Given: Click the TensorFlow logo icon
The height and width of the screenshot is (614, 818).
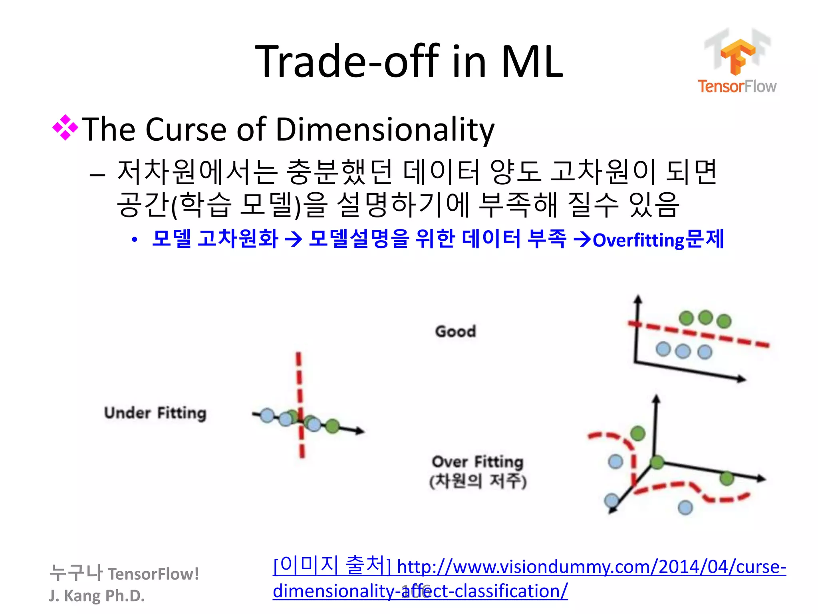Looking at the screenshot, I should coord(737,56).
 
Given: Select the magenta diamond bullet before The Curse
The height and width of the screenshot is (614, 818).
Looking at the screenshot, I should coord(65,128).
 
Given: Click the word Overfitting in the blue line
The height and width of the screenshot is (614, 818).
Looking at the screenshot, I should coord(638,240).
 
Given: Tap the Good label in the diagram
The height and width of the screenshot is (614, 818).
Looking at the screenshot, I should coord(455,331).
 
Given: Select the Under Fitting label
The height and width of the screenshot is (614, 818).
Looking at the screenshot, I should coord(155,413).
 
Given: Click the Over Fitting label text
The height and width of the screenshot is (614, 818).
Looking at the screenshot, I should coord(477,462).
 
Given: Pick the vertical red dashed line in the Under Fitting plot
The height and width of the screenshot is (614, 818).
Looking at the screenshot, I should coord(300,404).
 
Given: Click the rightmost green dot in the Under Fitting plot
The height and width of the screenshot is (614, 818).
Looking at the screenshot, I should coord(332,426).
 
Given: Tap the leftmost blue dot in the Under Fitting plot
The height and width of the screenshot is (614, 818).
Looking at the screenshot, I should coord(267,415).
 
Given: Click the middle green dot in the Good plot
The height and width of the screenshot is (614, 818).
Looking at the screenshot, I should coord(705,317).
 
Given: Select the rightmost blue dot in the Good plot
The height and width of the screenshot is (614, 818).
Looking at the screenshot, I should coord(705,352).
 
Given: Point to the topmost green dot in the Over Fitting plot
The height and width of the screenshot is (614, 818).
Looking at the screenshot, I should coord(638,433).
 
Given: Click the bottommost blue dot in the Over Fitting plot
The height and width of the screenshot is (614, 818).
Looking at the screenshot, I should coord(685,508).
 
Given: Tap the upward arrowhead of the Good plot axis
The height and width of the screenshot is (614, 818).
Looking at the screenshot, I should coord(638,299).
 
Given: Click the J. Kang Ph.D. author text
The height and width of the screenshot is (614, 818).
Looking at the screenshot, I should coord(97,596).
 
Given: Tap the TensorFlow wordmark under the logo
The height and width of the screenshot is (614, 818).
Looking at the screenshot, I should coord(737,86).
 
